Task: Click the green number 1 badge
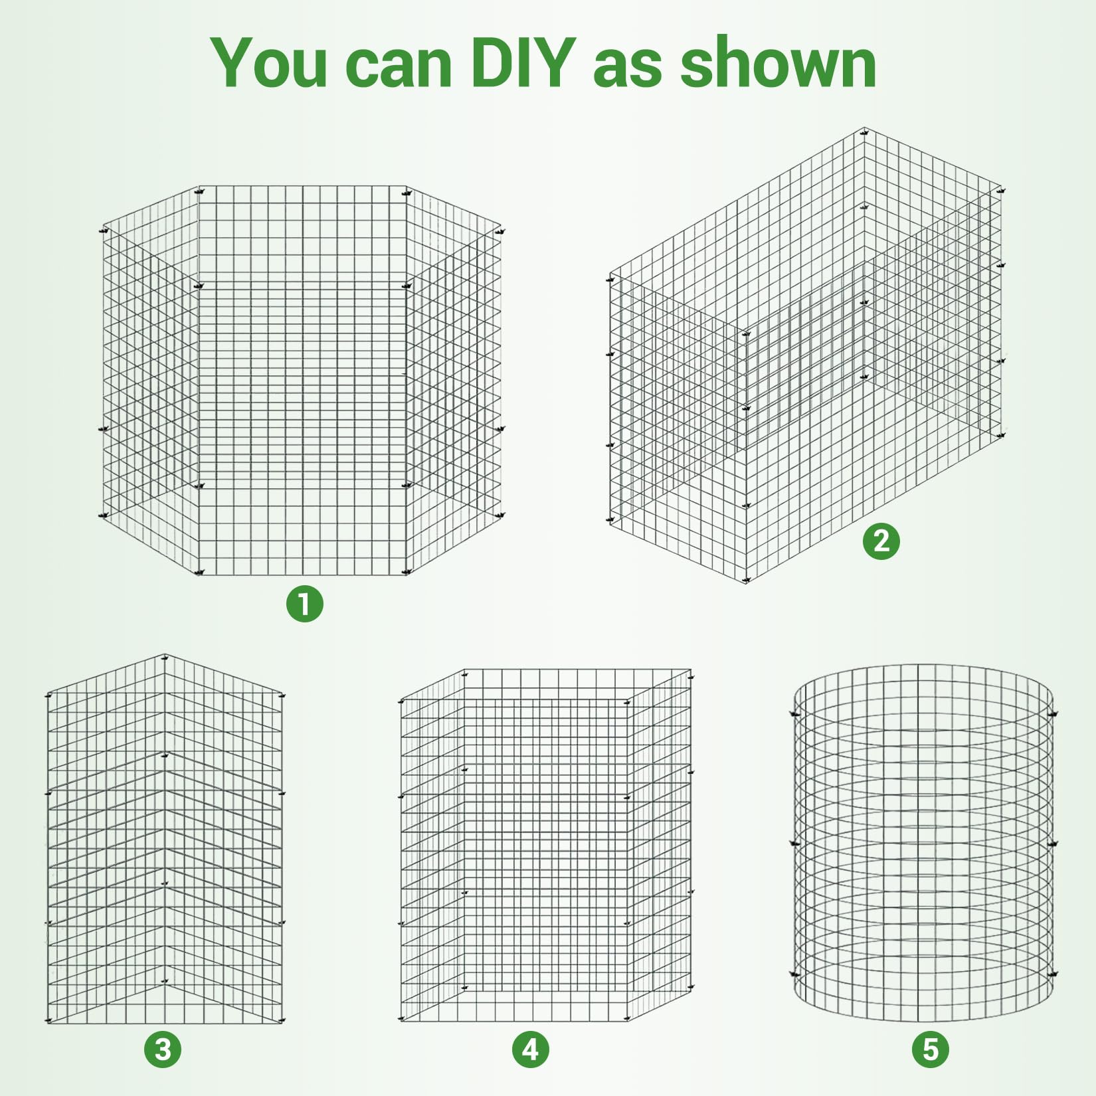click(x=305, y=604)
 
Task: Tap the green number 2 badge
click(x=881, y=541)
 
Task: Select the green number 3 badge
click(x=163, y=1050)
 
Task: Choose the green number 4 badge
click(x=531, y=1050)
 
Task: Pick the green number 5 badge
click(x=931, y=1050)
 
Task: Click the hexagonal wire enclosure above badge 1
click(x=303, y=380)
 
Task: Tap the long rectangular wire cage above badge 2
click(x=806, y=355)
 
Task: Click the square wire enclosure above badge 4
click(x=546, y=845)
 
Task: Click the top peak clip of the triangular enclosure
click(x=165, y=657)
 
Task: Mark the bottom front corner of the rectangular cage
click(x=746, y=582)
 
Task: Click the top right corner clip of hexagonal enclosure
click(x=500, y=231)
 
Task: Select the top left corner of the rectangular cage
click(x=610, y=274)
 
